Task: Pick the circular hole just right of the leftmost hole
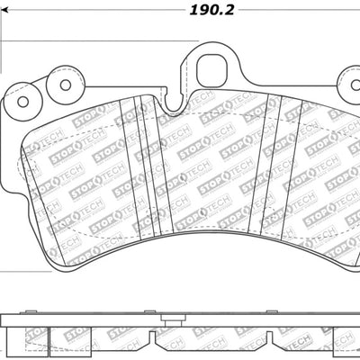point(66,86)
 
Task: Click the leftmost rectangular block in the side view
point(27,337)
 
